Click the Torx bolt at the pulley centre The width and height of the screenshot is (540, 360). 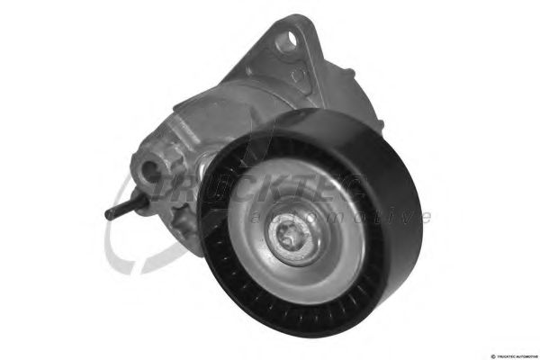click(x=298, y=242)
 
